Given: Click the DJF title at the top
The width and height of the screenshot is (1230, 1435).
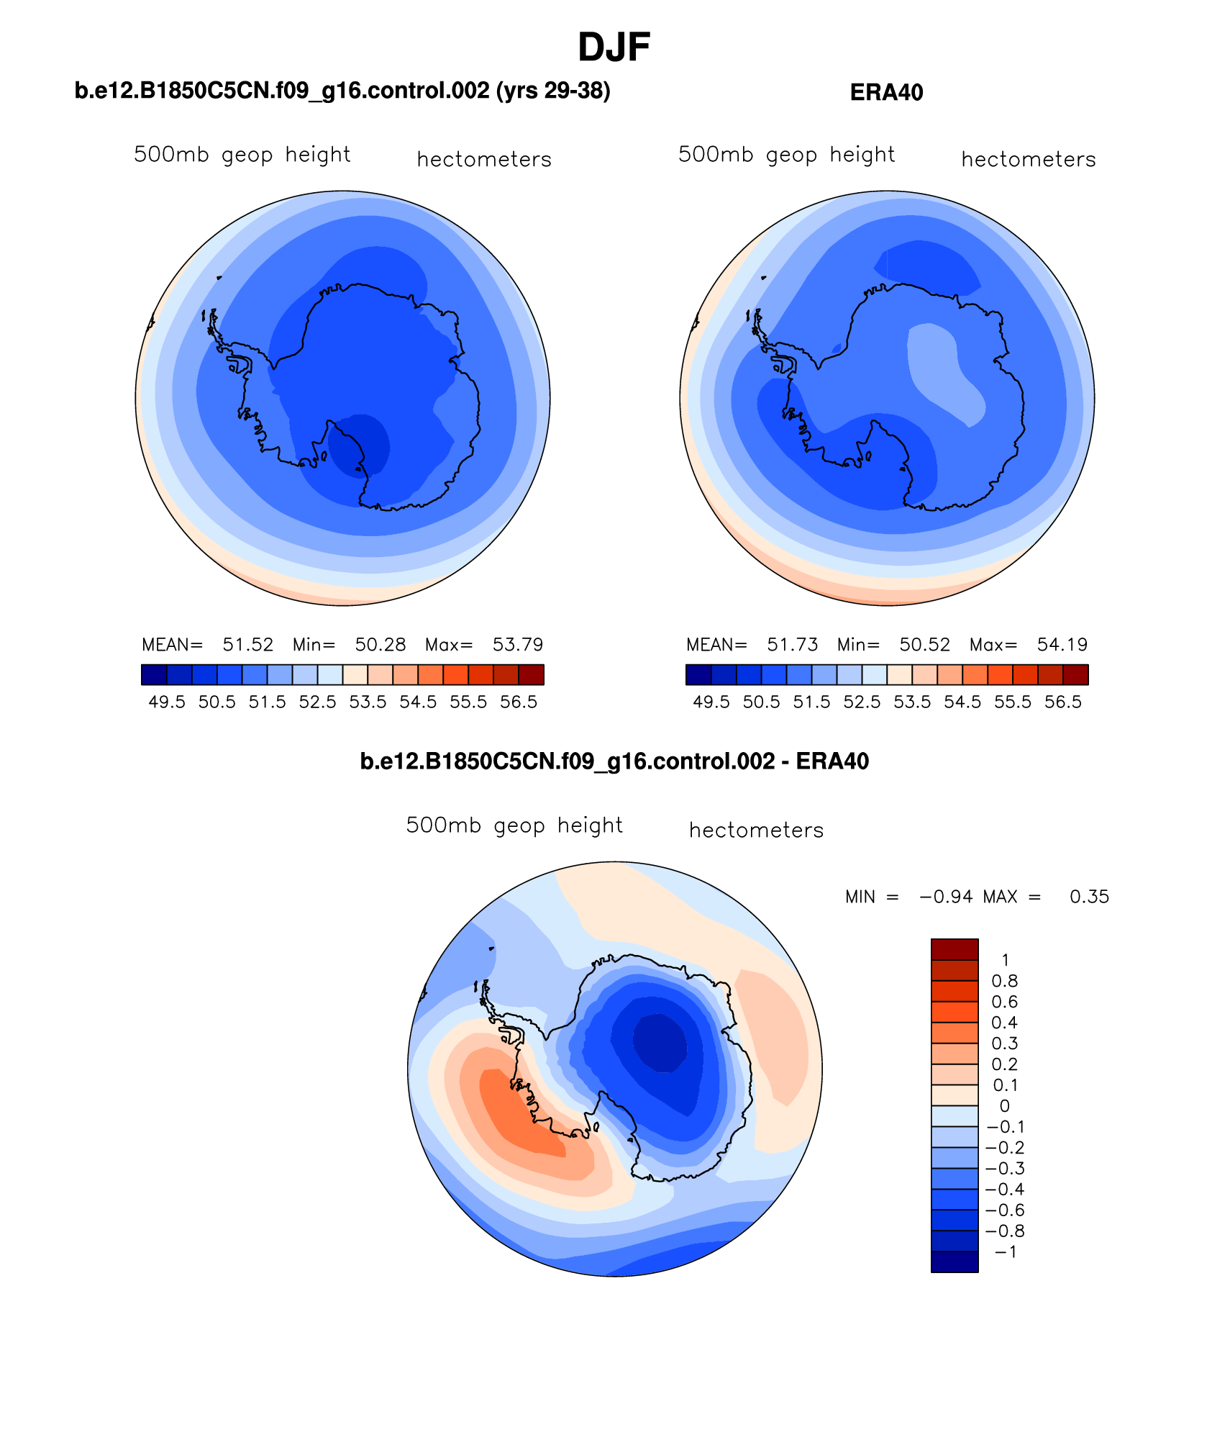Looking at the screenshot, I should pos(614,47).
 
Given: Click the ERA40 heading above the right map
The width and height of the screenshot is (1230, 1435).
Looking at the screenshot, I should pos(886,93).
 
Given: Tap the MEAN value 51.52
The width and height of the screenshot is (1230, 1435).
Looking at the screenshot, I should pos(247,645).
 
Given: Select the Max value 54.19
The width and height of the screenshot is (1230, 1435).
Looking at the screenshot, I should pos(1062,645).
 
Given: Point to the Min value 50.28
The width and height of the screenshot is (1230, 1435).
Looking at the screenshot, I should pos(380,645).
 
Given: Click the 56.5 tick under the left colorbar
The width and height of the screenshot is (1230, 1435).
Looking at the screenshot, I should pos(519,702).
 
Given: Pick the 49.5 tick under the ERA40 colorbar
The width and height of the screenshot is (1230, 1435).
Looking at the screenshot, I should pos(711,702).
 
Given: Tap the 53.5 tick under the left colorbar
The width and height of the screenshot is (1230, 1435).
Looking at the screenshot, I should pos(368,702).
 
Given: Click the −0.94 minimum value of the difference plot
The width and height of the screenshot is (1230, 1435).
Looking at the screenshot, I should pos(945,897).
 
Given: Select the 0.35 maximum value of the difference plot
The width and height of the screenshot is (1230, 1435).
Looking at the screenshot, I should pos(1089,897).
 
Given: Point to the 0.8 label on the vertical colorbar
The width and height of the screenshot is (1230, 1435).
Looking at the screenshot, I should pos(1004,982).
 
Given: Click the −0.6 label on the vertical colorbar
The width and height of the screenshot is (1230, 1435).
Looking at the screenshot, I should pos(1004,1210).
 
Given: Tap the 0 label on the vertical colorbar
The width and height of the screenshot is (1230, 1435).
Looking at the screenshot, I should pos(1004,1106).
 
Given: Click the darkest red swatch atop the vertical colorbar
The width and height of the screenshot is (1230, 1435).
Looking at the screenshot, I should pos(955,949).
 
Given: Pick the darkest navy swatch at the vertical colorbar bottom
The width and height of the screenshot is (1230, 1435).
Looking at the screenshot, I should pos(955,1262).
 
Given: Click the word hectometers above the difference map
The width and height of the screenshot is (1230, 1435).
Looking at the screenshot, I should pos(756,830).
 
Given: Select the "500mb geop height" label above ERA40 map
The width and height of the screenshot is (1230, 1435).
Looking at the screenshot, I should pos(786,155).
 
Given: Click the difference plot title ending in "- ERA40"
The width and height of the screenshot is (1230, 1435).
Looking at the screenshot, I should pos(614,761).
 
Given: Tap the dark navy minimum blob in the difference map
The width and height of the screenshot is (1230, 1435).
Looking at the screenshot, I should pos(659,1042).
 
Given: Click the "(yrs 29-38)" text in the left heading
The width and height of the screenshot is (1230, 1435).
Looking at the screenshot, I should pos(553,91).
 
